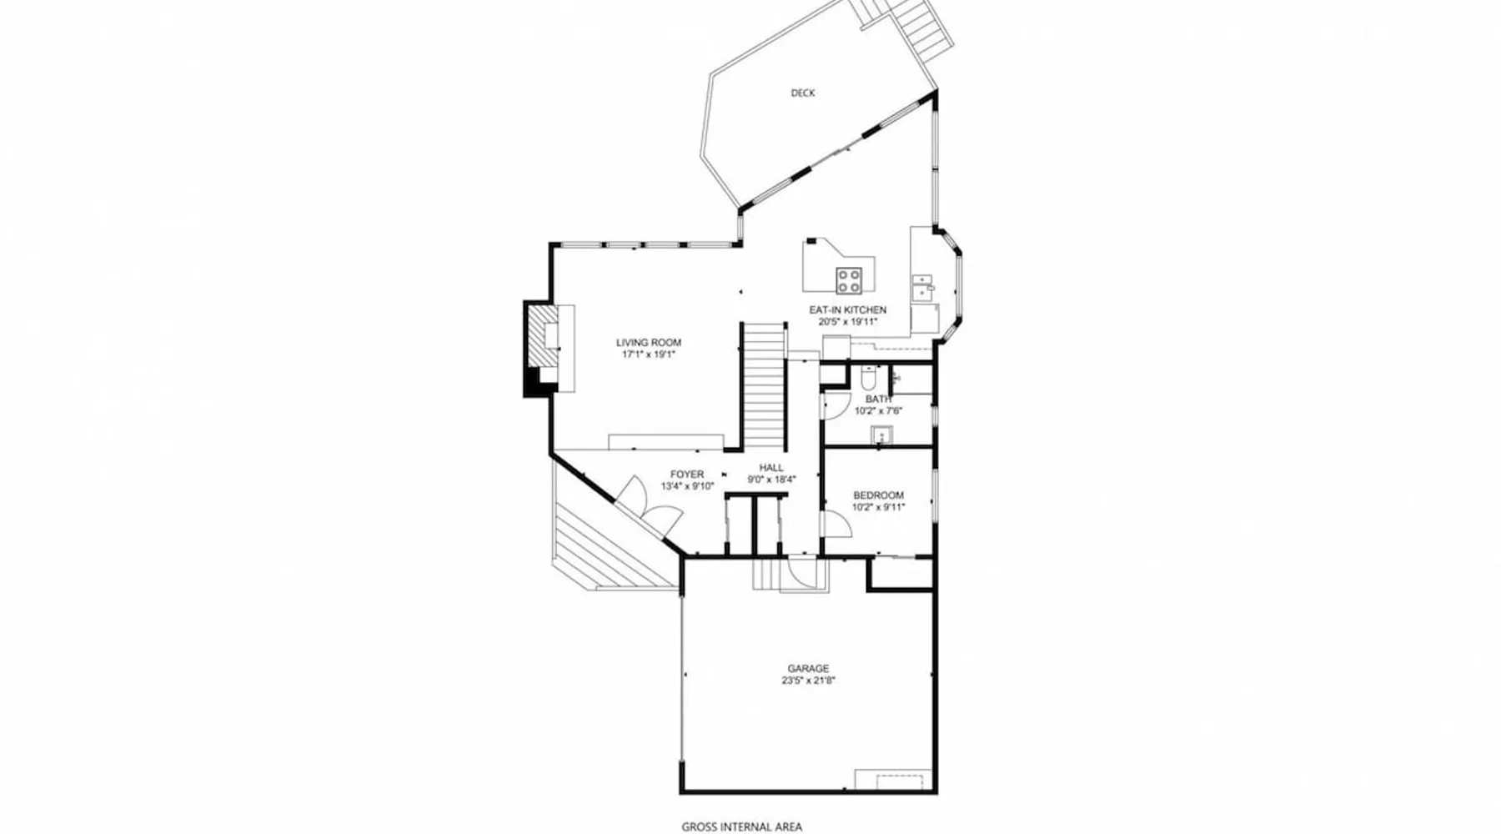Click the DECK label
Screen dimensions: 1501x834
803,93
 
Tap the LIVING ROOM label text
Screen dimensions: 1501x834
649,342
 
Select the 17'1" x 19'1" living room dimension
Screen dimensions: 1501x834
649,354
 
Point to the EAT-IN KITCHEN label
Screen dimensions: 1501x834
847,309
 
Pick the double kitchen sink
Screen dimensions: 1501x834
921,288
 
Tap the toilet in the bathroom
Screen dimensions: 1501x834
866,380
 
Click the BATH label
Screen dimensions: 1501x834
878,399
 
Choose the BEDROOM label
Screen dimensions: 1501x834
878,495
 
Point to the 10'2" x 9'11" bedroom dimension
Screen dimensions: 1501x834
878,507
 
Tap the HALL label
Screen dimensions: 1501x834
771,468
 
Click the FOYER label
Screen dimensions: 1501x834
687,475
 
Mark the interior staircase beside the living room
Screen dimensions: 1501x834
765,386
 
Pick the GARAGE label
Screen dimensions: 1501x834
809,668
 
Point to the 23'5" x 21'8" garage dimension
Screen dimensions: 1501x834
809,681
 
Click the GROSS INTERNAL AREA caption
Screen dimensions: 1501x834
742,826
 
